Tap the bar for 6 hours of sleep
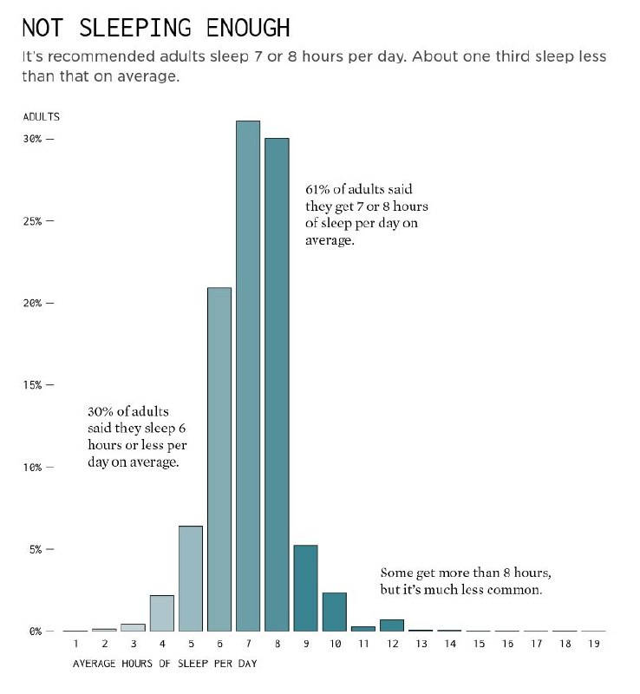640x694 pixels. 219,459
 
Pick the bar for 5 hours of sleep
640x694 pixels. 191,578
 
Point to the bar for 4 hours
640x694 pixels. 162,612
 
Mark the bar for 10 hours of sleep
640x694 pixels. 334,611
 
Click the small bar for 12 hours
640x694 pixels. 391,625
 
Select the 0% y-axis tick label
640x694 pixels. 33,632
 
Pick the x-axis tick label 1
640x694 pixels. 76,645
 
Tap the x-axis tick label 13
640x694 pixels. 421,645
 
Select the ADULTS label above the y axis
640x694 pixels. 41,117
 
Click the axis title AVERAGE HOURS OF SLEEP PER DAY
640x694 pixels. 164,665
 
